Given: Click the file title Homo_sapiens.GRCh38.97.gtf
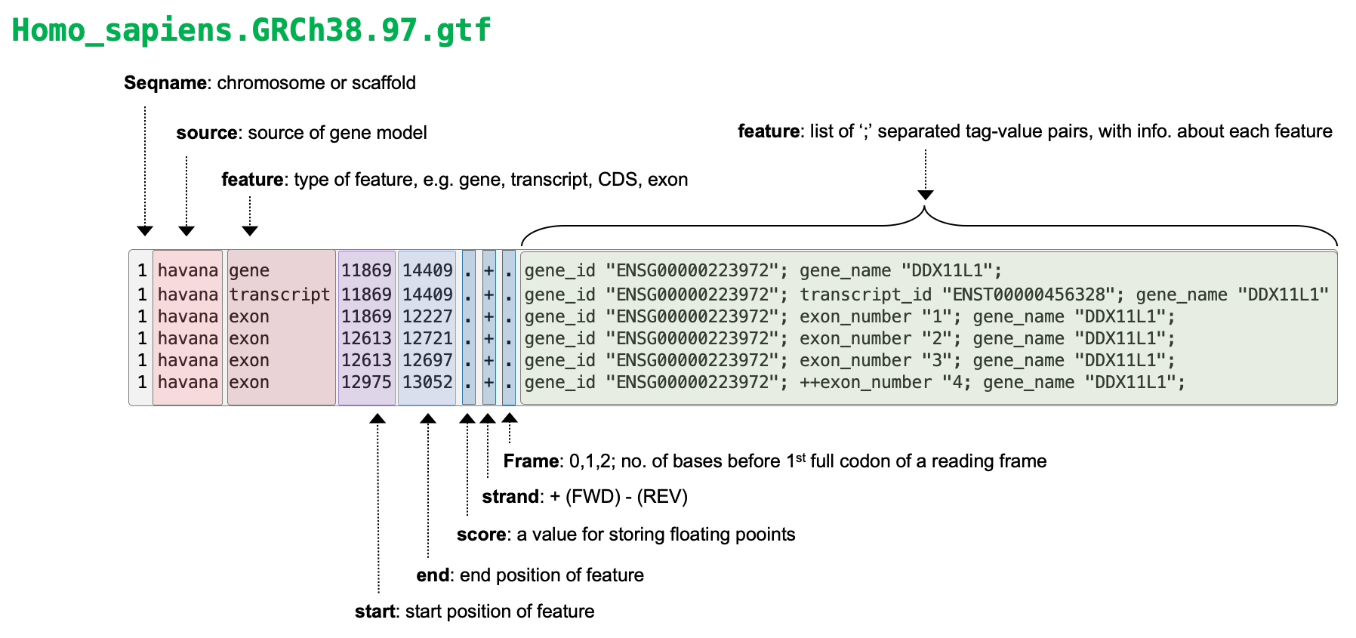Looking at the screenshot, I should click(251, 30).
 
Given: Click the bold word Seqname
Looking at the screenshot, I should click(165, 83).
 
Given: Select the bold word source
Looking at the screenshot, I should click(207, 133).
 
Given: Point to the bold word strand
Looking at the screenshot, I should click(510, 497).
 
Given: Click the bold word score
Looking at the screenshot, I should click(481, 535).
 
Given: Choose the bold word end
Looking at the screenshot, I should click(433, 575).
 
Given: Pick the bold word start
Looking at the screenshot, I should click(374, 612).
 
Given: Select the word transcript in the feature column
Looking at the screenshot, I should click(279, 294).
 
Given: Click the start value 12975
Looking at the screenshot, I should click(366, 382).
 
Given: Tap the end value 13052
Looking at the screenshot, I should click(427, 382).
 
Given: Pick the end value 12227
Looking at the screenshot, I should click(427, 316).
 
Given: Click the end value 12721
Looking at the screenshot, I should click(427, 338).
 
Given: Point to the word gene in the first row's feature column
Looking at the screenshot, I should click(249, 270).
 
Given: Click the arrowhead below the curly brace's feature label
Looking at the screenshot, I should click(926, 195).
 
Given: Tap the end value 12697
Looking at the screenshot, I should click(427, 360).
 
